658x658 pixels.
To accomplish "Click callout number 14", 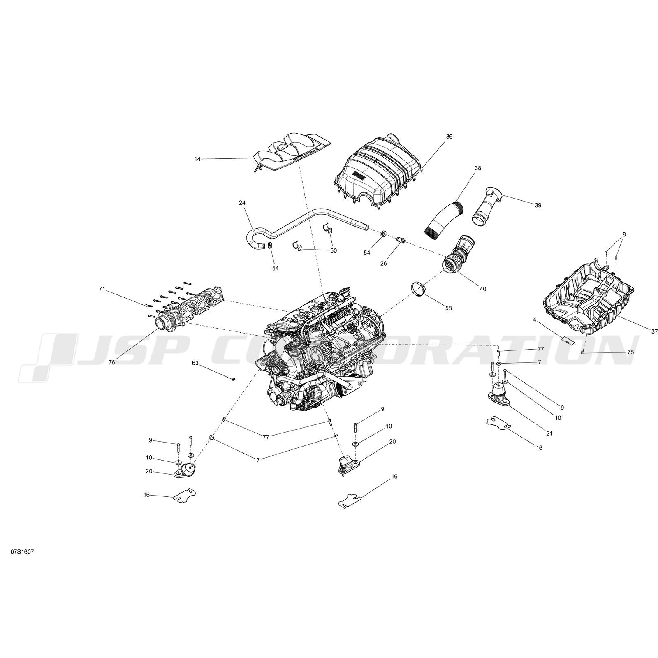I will tap(197, 159).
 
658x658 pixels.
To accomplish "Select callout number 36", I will tap(449, 137).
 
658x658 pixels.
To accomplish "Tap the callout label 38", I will tap(477, 168).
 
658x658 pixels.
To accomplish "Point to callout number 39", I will tap(538, 205).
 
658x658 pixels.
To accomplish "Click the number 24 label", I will tap(242, 203).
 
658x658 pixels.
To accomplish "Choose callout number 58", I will tap(449, 308).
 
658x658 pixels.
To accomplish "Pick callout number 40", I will tap(483, 289).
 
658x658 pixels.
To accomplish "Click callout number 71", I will tap(102, 289).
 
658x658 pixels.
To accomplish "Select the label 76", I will tap(112, 363).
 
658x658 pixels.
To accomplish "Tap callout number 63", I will tap(195, 363).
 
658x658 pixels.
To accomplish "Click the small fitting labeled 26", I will tap(402, 240).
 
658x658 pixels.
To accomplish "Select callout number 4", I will tap(535, 320).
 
